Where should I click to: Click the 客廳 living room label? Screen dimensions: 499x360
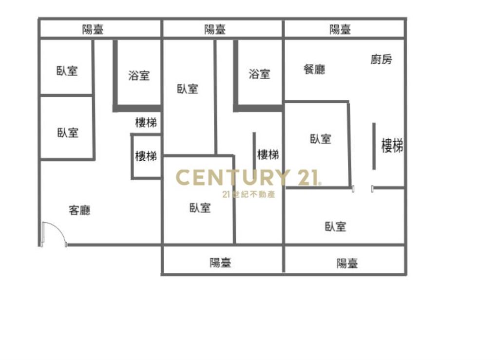point(79,210)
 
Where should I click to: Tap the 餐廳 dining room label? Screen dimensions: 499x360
point(314,69)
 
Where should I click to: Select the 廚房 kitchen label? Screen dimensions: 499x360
point(381,59)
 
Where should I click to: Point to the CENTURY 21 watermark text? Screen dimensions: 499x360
point(248,178)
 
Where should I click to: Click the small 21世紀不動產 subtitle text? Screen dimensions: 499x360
point(249,194)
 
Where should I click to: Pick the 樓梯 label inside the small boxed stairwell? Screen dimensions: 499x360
point(146,156)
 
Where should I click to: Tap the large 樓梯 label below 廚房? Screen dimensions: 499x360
point(392,145)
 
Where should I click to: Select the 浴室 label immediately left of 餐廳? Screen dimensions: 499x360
point(259,74)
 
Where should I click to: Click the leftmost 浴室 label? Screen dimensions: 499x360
point(139,76)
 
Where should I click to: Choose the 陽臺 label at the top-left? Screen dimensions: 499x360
point(93,29)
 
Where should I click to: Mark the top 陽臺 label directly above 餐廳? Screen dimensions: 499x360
point(340,29)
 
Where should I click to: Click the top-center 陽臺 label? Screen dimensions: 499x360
point(215,29)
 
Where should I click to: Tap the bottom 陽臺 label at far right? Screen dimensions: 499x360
point(347,264)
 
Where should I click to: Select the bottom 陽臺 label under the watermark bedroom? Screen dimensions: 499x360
point(220,263)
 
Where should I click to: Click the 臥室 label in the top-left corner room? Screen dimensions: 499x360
point(67,71)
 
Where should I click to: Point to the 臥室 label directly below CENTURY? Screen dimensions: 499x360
point(200,208)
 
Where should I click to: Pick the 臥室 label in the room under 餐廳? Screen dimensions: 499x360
point(321,139)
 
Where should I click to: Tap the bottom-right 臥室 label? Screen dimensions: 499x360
point(335,227)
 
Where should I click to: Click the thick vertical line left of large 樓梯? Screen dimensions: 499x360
point(374,146)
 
